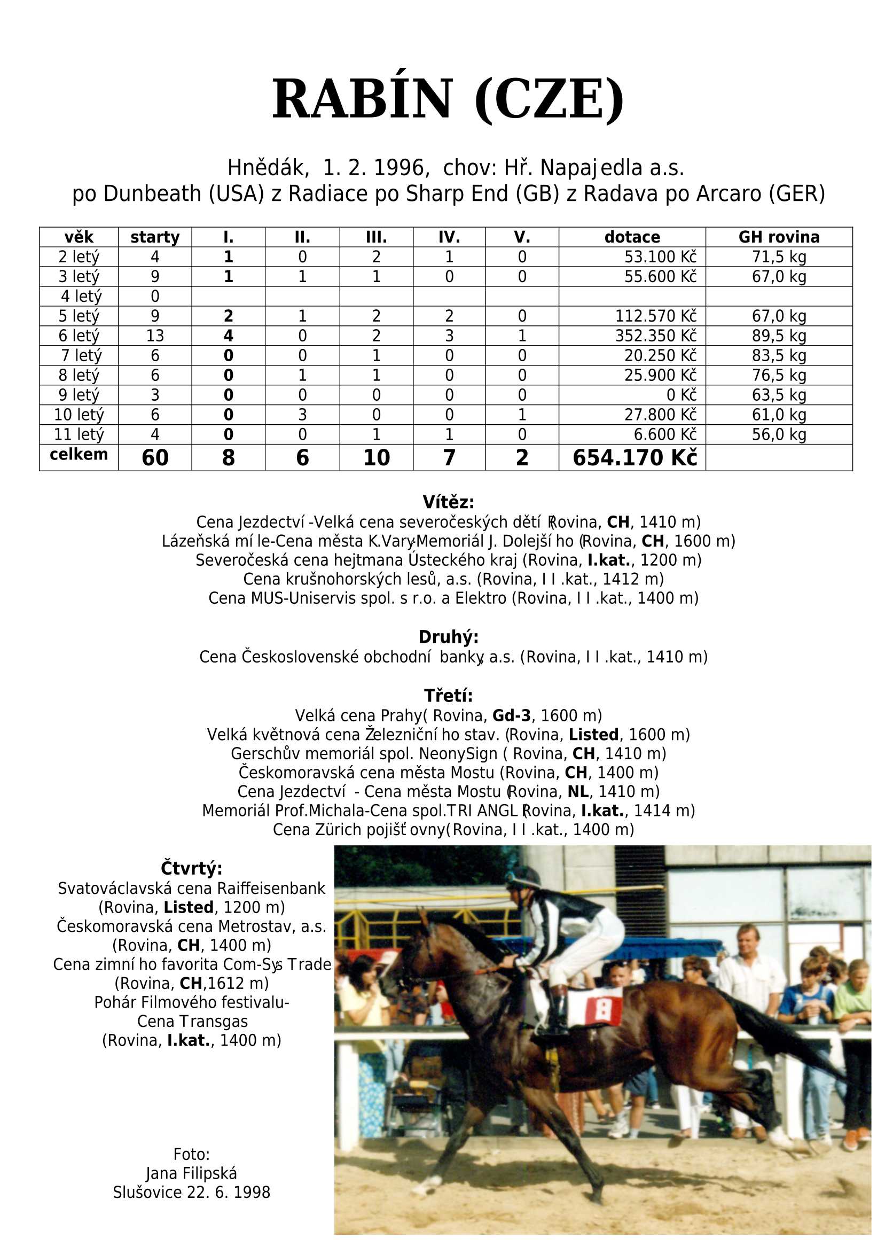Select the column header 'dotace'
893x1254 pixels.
coord(632,237)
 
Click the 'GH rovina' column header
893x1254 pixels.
coord(779,237)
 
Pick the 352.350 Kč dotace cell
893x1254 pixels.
coord(655,336)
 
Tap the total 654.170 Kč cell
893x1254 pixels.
coord(634,457)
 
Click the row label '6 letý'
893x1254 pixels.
coord(79,336)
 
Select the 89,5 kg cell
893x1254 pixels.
coord(779,336)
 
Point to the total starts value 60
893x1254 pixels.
coord(155,457)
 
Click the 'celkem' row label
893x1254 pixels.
coord(79,454)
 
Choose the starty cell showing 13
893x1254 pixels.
coord(155,336)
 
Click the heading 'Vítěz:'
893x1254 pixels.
coord(448,502)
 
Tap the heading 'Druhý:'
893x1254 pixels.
coord(448,637)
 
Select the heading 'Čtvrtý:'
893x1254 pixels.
coord(191,868)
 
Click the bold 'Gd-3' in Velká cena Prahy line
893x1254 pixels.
coord(511,715)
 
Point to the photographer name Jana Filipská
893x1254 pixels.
coord(191,1173)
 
